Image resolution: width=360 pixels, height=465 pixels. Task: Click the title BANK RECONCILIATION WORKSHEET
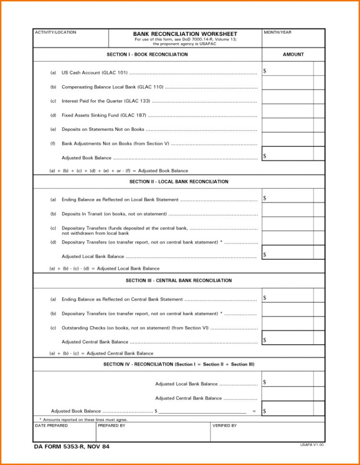click(x=185, y=34)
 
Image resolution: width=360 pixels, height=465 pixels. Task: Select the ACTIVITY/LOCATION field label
click(x=55, y=33)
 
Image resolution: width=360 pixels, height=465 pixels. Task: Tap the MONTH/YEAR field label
click(x=277, y=33)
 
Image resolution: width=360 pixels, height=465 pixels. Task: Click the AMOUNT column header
click(x=293, y=55)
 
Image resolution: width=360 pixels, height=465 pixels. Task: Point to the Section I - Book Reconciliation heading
click(x=147, y=55)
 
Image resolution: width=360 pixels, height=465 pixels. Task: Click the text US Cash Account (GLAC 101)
click(x=94, y=73)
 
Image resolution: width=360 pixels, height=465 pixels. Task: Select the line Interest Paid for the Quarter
click(x=106, y=101)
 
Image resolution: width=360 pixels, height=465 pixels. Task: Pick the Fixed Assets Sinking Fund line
click(x=104, y=116)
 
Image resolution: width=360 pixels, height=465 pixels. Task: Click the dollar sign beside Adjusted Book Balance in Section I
click(x=265, y=156)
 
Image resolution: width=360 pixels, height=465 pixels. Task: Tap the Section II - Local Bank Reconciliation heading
click(x=179, y=182)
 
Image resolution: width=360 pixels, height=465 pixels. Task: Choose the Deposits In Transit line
click(x=114, y=214)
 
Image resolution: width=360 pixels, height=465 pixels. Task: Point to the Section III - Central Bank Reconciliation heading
click(x=179, y=280)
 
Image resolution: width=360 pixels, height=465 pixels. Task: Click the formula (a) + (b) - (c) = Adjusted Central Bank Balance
click(x=102, y=353)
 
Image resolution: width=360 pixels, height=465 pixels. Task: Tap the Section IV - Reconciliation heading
click(x=179, y=364)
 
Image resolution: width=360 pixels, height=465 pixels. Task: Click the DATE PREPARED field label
click(x=51, y=426)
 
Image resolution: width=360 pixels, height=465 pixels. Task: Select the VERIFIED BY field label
click(x=224, y=426)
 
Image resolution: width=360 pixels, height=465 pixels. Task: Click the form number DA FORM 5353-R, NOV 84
click(x=72, y=447)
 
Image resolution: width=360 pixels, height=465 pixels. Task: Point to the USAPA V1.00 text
click(x=312, y=445)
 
